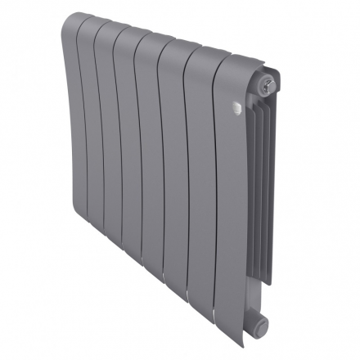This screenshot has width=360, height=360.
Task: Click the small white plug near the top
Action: [236, 105]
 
